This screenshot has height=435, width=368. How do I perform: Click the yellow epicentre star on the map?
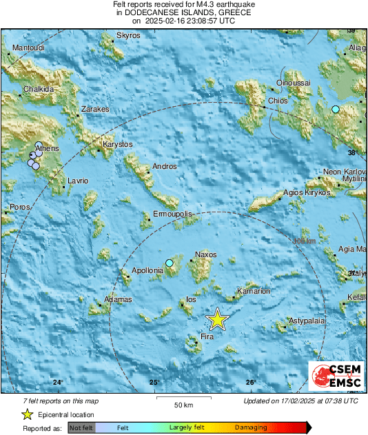(217, 319)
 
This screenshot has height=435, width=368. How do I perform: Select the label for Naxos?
(206, 255)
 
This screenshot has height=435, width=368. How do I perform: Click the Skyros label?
(128, 35)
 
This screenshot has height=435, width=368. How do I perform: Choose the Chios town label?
(278, 101)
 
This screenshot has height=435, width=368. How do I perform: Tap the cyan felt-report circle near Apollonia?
(170, 263)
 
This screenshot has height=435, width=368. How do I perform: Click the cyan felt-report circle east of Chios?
(336, 110)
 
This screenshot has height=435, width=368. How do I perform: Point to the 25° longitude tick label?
(155, 383)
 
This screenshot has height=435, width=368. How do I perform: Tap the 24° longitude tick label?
(59, 383)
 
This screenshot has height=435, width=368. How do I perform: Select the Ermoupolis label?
(172, 214)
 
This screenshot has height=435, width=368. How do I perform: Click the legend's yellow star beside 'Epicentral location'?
(28, 414)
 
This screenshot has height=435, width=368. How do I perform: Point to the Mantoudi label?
(28, 48)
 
